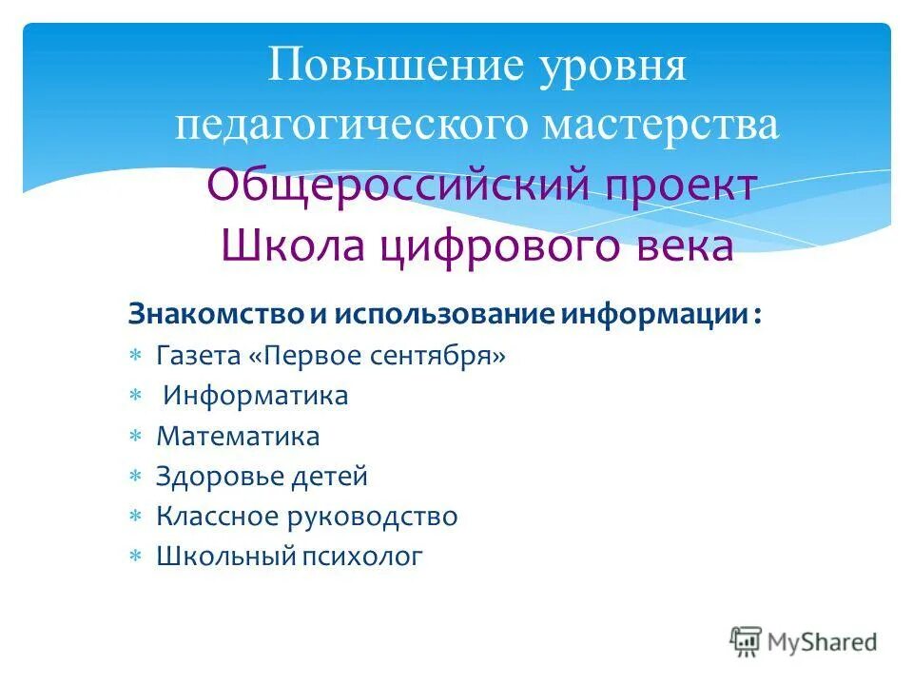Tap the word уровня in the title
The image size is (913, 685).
click(x=602, y=68)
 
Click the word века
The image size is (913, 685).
click(x=686, y=245)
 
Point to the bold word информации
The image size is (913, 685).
click(x=651, y=314)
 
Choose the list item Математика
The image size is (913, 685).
click(x=238, y=437)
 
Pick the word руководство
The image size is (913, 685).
click(x=384, y=517)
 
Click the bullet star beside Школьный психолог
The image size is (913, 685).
click(x=135, y=557)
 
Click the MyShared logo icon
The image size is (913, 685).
click(x=746, y=640)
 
